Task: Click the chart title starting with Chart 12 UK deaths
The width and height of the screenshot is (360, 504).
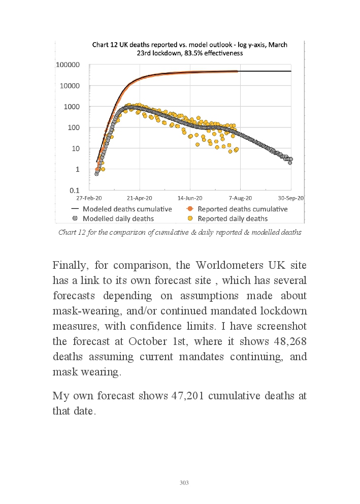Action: point(189,48)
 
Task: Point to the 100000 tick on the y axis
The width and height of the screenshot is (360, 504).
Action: point(68,65)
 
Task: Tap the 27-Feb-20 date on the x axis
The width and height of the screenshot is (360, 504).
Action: point(89,198)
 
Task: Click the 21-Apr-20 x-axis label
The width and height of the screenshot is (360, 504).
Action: point(139,198)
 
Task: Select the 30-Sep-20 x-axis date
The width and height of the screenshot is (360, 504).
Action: point(290,198)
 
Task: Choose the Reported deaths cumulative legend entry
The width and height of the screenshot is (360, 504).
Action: point(242,209)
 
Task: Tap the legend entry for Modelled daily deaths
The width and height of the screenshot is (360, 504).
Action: point(118,218)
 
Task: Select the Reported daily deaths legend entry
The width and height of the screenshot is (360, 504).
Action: point(233,218)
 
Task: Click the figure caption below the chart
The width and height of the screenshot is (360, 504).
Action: point(180,233)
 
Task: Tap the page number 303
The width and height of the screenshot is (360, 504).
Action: point(184,483)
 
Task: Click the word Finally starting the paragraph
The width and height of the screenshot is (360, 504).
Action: point(73,266)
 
